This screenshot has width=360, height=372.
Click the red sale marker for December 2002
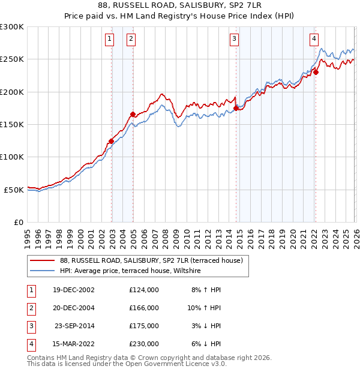click(112, 142)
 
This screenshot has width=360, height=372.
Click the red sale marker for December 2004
click(133, 114)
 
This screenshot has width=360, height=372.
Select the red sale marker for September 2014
click(236, 109)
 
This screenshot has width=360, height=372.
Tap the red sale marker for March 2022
click(316, 73)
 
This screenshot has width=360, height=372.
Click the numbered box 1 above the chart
click(110, 40)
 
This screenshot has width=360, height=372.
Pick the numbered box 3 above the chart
click(234, 40)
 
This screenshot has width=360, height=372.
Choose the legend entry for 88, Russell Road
click(151, 260)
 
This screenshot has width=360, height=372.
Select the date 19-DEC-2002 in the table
click(74, 290)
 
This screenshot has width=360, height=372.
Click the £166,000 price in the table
click(143, 307)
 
